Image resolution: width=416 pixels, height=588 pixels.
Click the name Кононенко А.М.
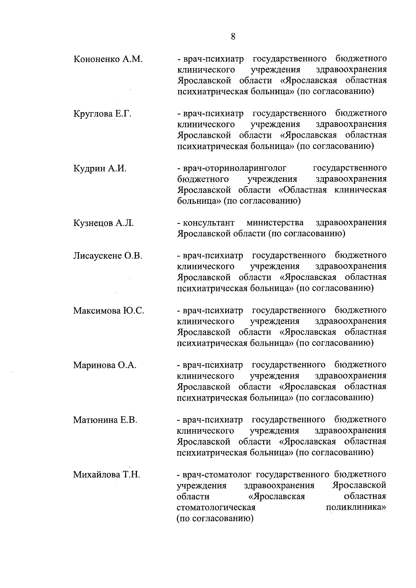click(x=108, y=59)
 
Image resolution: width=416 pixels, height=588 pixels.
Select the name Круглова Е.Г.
click(x=102, y=114)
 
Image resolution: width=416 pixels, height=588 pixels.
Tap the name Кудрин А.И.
click(x=100, y=169)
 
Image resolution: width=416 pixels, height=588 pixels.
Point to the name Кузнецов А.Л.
click(x=103, y=223)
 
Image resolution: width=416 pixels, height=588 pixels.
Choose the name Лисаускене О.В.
click(x=107, y=256)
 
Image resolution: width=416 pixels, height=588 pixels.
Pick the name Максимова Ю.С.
click(x=109, y=311)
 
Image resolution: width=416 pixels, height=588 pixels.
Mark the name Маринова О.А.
click(x=105, y=365)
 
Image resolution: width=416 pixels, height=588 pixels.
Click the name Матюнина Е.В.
click(x=105, y=420)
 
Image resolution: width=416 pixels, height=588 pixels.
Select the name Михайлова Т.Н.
click(x=106, y=475)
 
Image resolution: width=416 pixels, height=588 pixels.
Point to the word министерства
click(x=275, y=223)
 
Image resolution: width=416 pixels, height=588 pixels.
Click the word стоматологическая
click(x=216, y=508)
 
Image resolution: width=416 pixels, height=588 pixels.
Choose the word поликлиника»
click(x=356, y=508)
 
